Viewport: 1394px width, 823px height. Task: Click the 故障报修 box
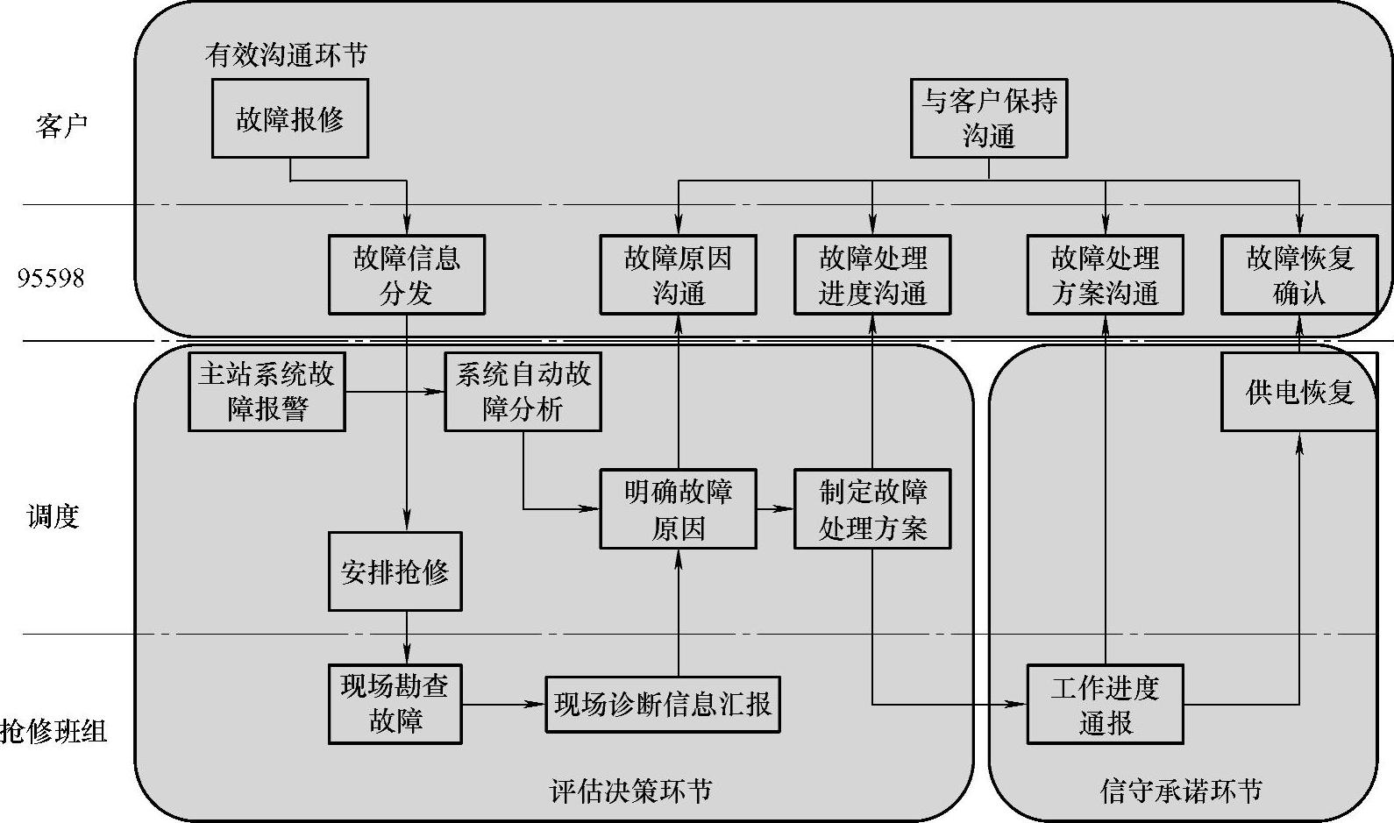tap(289, 118)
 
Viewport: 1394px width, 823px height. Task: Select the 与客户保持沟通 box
tap(988, 118)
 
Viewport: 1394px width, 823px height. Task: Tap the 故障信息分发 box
tap(406, 274)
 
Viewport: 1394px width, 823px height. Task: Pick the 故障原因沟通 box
tap(678, 274)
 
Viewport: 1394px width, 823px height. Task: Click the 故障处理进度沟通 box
tap(872, 274)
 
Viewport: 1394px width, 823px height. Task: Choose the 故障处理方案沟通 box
tap(1105, 274)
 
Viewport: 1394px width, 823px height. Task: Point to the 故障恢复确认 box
tap(1299, 274)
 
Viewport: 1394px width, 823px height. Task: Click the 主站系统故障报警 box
tap(267, 391)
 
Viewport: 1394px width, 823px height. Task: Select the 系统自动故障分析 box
tap(523, 391)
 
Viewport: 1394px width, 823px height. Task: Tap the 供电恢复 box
tap(1299, 391)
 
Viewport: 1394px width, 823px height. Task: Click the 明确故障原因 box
tap(678, 508)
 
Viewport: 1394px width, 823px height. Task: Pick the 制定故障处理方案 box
tap(872, 508)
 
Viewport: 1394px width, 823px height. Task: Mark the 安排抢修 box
tap(395, 571)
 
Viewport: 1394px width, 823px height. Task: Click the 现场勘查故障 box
tap(395, 704)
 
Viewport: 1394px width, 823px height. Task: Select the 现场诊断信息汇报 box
tap(662, 704)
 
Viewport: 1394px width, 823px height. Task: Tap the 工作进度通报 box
tap(1105, 704)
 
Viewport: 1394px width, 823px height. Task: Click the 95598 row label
tap(51, 279)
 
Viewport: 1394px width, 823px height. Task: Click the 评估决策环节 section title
tap(630, 791)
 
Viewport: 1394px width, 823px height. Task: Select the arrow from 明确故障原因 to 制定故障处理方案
tap(775, 508)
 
